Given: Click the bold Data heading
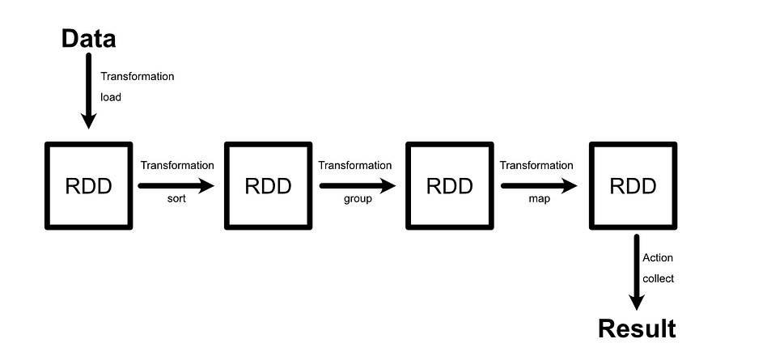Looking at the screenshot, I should coord(89,38).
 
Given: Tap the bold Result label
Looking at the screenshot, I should coord(637,329).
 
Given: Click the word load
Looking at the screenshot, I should coord(111,96).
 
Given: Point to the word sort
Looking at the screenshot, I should coord(176,199).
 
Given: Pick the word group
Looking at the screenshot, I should coord(357,199).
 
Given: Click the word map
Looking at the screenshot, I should coord(539,199).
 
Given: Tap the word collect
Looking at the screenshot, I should coord(658,278).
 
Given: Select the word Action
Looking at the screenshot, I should coord(658,258).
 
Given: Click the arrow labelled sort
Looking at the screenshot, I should coord(176,185).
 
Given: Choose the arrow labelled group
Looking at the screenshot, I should coord(358,185).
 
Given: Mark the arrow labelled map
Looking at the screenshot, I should coord(539,185).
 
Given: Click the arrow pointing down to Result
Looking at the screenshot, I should coord(637,272).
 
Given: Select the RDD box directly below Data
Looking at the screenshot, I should coord(88,186).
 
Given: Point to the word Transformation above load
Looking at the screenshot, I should coord(138,76).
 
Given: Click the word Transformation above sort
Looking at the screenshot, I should coord(177,165).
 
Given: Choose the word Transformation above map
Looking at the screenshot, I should coord(536,165).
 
